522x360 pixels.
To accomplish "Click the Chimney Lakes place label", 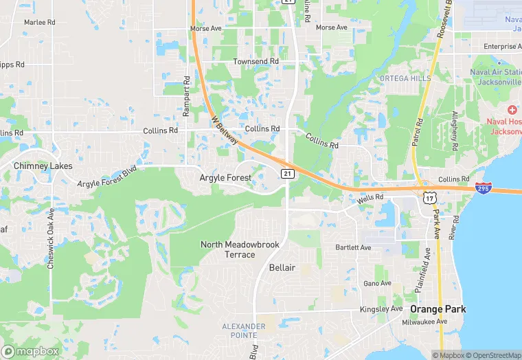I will (x=43, y=166).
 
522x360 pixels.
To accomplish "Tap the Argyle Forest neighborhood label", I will (x=225, y=178).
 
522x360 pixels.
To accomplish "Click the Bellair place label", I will (x=282, y=267).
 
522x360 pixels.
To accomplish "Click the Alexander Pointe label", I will (x=243, y=330).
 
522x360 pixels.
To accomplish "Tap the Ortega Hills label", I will (x=405, y=78).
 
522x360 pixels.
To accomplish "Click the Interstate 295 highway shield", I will (x=483, y=187).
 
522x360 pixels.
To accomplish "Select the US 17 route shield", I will (x=429, y=198).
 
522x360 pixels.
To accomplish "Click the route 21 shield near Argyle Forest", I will (x=288, y=174).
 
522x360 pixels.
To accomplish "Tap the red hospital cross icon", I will (x=512, y=111).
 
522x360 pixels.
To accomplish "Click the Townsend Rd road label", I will (x=256, y=61).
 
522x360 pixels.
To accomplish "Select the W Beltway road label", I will (x=225, y=129).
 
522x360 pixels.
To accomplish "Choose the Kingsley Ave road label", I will (x=382, y=309).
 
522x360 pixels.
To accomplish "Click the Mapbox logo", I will (x=30, y=350).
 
